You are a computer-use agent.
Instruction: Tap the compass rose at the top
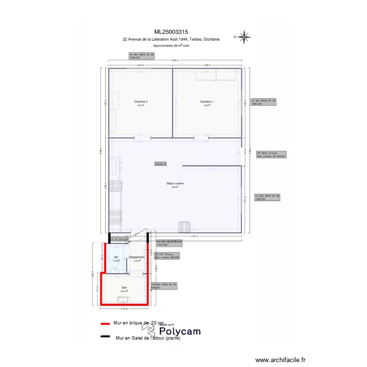coord(245,36)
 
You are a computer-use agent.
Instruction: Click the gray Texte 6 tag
coord(161,164)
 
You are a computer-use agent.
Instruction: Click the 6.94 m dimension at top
coord(175,60)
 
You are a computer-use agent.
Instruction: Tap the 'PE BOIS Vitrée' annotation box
coord(271,154)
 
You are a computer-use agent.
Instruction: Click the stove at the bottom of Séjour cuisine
coord(184,226)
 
